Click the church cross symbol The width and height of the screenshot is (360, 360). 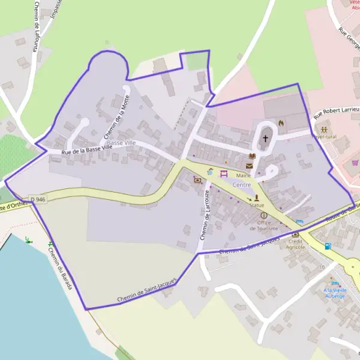point(265,139)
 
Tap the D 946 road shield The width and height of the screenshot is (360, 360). point(37,199)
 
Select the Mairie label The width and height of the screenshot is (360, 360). point(244,175)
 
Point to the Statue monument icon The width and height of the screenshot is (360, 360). point(257,197)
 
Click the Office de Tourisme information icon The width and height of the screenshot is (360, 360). point(263,215)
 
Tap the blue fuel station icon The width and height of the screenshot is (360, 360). point(327,246)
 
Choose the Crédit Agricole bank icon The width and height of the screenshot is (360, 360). point(295,234)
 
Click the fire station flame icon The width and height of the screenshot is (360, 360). point(280,124)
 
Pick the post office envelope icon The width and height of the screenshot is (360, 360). point(250,166)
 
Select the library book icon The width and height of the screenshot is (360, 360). point(252,157)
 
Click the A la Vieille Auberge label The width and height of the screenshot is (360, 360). point(334,293)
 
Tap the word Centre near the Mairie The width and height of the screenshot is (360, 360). point(242,185)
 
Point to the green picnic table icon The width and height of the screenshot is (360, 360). point(28,241)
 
